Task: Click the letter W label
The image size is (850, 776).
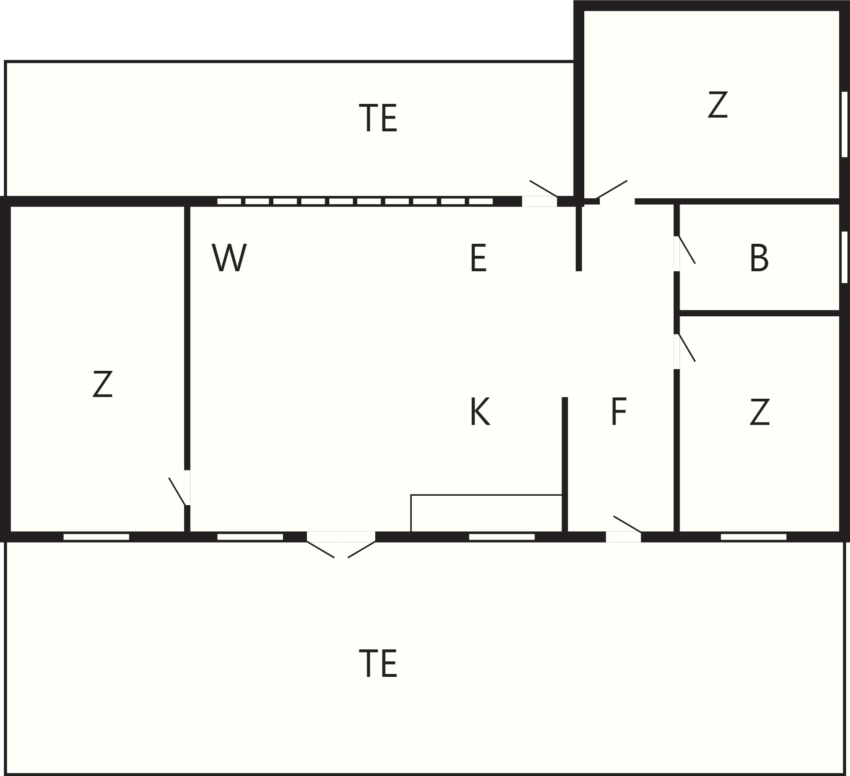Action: pos(229,258)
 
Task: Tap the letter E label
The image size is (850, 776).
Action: pos(478,258)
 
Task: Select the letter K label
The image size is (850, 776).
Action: pos(480,412)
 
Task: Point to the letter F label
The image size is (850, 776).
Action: pos(618,412)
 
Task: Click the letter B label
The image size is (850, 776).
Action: pos(759,258)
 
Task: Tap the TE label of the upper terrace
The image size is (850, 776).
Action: pos(378,118)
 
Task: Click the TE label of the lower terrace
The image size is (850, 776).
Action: pos(378,663)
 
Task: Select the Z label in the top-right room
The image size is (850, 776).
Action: pos(718,104)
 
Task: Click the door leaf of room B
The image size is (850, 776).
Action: pos(686,249)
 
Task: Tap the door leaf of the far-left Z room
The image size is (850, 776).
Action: pos(177,491)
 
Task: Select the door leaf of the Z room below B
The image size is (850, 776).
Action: pos(686,348)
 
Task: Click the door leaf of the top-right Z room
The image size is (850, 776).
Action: pos(612,189)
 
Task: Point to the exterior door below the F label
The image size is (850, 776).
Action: pos(627,524)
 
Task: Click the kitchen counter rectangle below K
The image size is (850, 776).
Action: pos(486,513)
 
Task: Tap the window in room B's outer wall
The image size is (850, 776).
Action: pos(844,257)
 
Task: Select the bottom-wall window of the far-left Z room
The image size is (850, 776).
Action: pos(96,537)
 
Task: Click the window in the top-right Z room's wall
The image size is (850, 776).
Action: pos(844,124)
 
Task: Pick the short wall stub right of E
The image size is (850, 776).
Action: pos(579,238)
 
